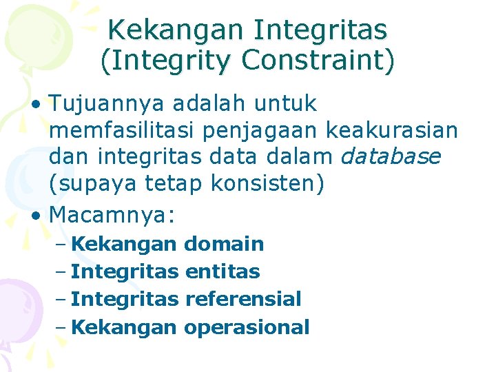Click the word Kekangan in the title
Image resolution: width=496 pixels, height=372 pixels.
click(176, 30)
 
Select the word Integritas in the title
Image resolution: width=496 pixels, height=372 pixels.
click(321, 30)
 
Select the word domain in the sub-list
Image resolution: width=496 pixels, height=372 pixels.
click(225, 244)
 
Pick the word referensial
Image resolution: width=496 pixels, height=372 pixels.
click(243, 299)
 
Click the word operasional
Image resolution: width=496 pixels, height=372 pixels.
click(247, 327)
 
